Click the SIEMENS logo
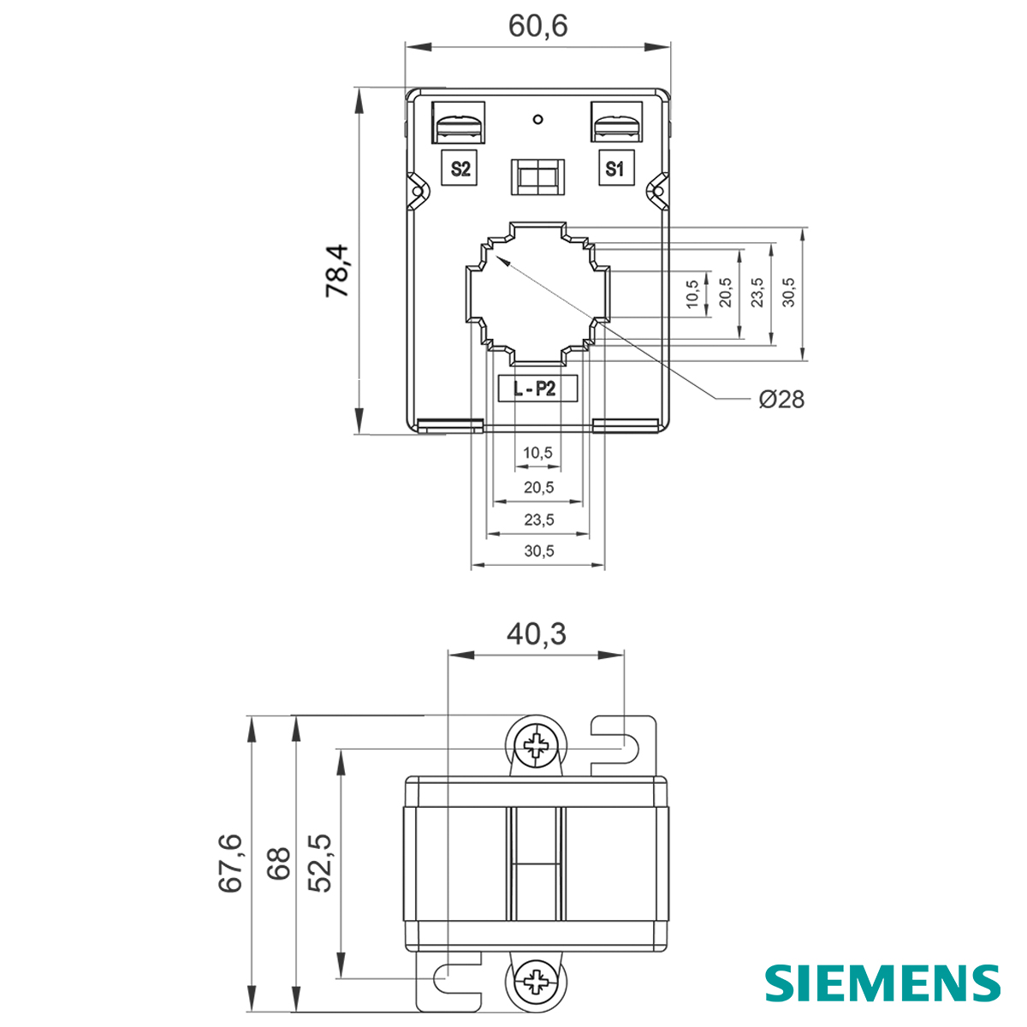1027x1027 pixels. coord(882,982)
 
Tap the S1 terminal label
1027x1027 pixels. coord(614,169)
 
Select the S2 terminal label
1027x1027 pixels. coord(460,169)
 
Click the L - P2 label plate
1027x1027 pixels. coord(537,389)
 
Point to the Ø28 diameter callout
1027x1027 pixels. coord(781,399)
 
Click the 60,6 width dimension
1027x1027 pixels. coord(537,27)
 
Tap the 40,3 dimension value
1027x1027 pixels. coord(536,633)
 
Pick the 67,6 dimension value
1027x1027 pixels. coord(230,864)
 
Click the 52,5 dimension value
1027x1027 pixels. coord(320,864)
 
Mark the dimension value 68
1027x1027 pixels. coord(277,864)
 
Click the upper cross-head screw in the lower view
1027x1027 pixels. coord(538,745)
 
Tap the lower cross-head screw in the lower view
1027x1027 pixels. coord(538,980)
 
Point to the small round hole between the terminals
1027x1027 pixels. coord(537,119)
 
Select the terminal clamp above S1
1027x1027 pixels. coord(616,123)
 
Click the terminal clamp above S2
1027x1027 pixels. coord(459,123)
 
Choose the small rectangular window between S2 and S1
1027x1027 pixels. coord(537,177)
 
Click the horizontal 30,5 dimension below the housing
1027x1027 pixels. coord(538,551)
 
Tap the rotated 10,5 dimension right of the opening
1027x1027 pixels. coord(692,293)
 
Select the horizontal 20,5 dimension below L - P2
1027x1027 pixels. coord(538,487)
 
